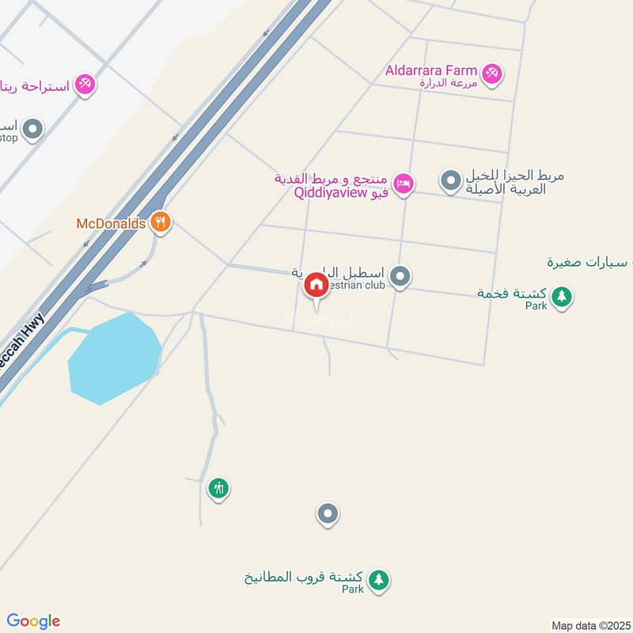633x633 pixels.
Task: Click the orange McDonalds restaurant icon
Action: point(161,222)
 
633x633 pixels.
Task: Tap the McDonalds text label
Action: point(111,224)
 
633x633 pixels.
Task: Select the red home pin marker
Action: point(316,285)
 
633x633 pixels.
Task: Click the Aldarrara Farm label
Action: point(431,70)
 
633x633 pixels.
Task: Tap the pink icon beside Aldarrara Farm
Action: point(493,74)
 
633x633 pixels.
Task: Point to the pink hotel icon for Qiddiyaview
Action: point(404,184)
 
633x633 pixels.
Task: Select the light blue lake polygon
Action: point(115,358)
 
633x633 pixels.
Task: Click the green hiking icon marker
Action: point(218,488)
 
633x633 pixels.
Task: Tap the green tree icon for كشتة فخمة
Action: point(562,298)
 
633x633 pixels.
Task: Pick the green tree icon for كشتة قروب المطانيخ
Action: point(380,581)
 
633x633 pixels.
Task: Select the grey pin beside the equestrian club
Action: point(401,276)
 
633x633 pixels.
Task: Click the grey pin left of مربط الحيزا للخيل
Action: point(450,181)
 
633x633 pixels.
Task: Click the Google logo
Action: point(33,621)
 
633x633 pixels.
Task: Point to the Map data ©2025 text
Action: point(589,625)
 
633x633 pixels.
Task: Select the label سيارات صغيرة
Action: point(593,261)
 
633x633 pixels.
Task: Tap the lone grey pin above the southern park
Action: point(328,514)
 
